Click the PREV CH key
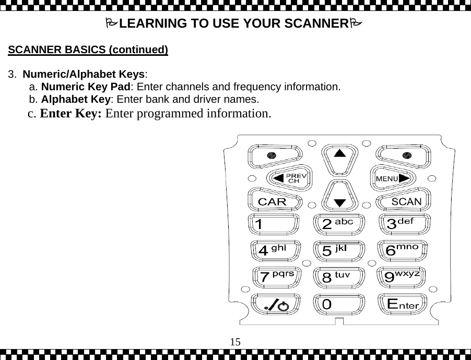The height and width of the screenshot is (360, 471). [x=290, y=178]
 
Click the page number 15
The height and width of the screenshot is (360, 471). [x=236, y=342]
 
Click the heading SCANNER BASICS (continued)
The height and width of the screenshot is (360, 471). [x=88, y=51]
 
